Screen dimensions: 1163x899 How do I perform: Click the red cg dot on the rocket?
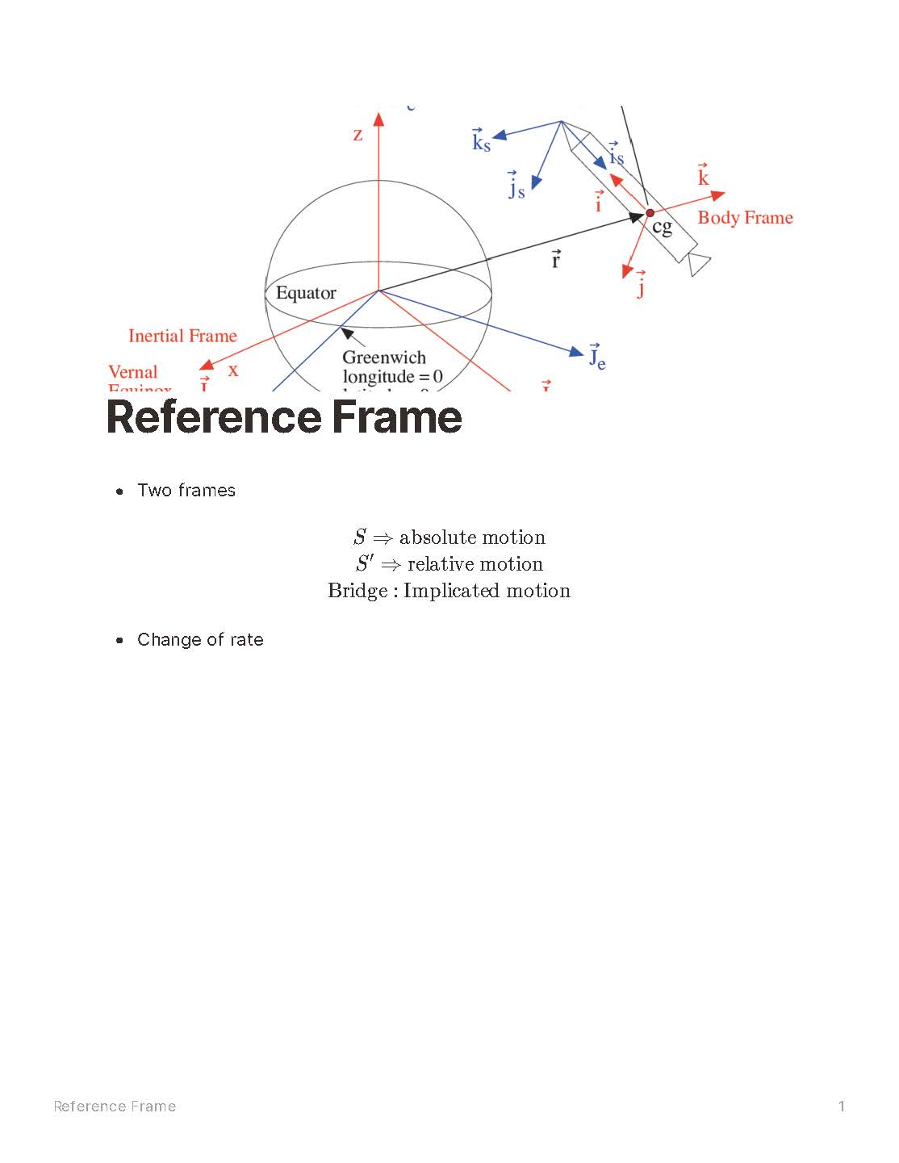click(x=650, y=213)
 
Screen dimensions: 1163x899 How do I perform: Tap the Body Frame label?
click(x=745, y=218)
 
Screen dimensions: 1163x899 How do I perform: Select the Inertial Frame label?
click(x=182, y=336)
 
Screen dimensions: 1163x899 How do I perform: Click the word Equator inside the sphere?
click(x=306, y=293)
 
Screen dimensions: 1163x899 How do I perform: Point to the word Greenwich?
click(x=384, y=358)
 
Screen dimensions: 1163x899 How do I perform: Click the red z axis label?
click(x=358, y=135)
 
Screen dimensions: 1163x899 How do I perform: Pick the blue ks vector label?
click(x=481, y=142)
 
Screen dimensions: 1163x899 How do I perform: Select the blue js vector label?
click(x=516, y=188)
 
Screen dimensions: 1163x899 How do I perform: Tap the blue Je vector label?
click(x=597, y=357)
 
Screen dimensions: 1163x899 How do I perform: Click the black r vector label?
click(x=556, y=260)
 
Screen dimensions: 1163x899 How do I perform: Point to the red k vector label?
click(x=703, y=177)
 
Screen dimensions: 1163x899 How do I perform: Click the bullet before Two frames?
click(x=120, y=491)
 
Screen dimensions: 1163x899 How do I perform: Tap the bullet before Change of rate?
click(x=120, y=640)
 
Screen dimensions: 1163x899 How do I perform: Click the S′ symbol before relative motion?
click(x=364, y=563)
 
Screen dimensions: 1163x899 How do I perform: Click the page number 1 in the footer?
click(x=842, y=1106)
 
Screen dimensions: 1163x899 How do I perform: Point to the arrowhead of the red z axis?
click(x=378, y=119)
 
